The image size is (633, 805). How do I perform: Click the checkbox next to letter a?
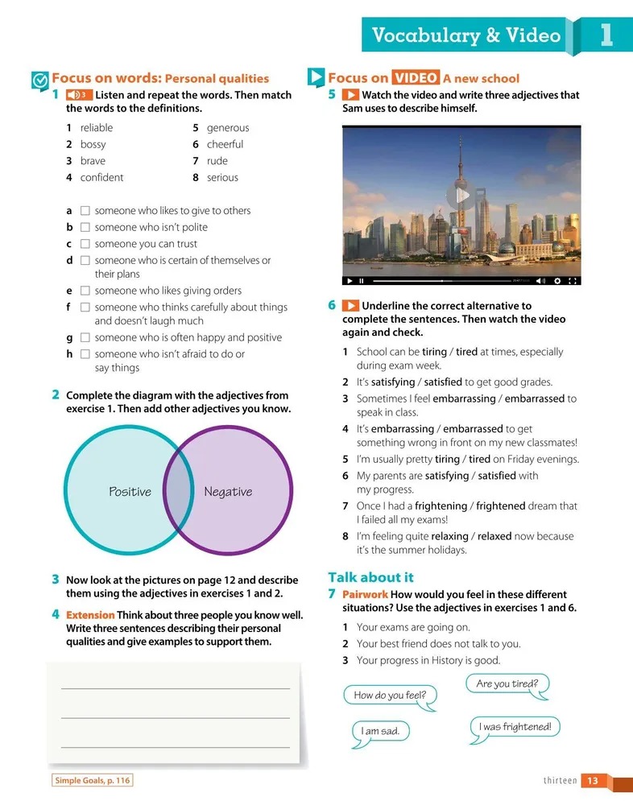coord(85,211)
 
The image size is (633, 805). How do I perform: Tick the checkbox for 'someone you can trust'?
coord(85,244)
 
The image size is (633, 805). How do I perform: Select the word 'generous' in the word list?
coord(228,128)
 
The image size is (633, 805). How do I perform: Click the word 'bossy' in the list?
coord(93,145)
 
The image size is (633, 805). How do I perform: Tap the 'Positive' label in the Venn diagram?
coord(130,492)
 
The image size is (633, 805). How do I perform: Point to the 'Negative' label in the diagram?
coord(228,492)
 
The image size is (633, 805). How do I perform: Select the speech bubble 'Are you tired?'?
coord(507,684)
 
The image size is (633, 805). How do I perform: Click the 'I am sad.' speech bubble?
coord(380,731)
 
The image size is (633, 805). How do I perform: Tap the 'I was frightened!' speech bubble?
coord(515,727)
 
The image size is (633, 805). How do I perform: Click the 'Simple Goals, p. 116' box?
coord(92,780)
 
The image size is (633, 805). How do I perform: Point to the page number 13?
coord(592,780)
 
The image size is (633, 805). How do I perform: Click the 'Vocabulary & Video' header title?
coord(466,35)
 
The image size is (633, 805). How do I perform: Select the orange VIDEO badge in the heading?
coord(416,78)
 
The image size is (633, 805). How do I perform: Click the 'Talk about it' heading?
coord(370,577)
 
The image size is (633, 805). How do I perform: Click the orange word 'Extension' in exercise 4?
coord(90,615)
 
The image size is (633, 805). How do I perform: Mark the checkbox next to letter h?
coord(85,354)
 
